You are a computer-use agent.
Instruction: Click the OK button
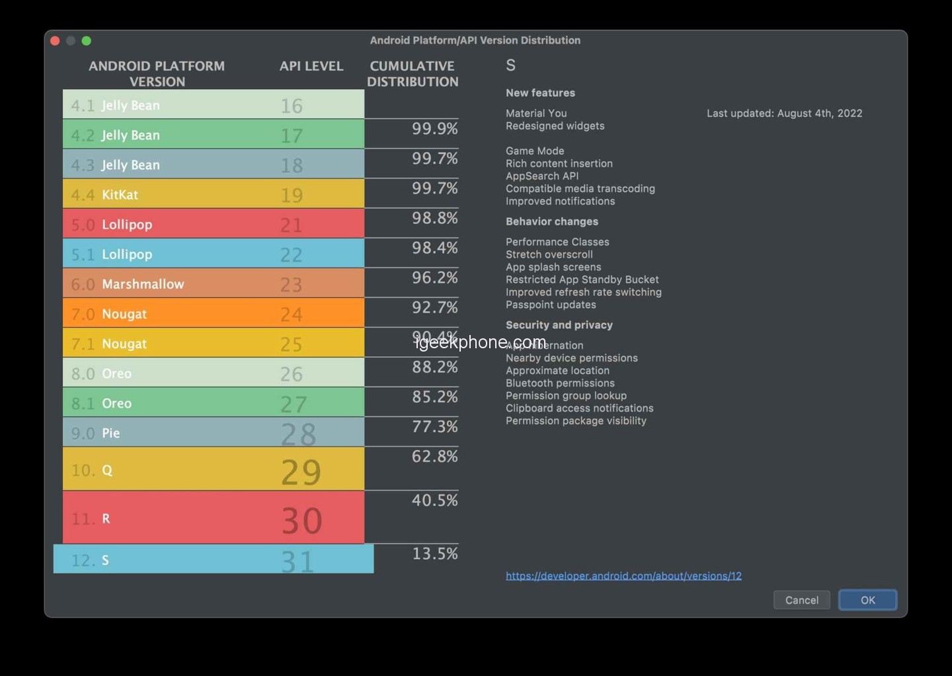pos(867,600)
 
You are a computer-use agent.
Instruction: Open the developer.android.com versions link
pos(623,576)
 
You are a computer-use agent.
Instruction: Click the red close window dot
pos(55,41)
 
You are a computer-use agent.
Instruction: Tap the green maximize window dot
pos(86,41)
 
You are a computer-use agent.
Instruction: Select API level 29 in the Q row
pos(301,471)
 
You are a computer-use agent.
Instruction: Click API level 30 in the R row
pos(301,520)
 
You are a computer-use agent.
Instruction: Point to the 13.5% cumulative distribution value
pos(434,554)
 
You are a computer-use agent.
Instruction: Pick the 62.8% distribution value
pos(434,457)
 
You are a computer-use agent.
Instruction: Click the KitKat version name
pos(120,195)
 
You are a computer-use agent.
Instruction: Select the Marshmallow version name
pos(143,284)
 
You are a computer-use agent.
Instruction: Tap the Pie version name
pos(110,433)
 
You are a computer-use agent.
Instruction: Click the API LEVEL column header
pos(311,66)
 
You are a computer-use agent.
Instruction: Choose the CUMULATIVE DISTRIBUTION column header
pos(413,74)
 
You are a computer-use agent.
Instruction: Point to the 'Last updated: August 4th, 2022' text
pos(784,114)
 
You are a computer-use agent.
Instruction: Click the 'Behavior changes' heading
pos(551,221)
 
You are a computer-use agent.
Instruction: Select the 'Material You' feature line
pos(536,114)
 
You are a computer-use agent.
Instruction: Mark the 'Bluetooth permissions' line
pos(560,383)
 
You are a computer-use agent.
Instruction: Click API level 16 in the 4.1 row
pos(291,106)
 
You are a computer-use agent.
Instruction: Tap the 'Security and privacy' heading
pos(559,325)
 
